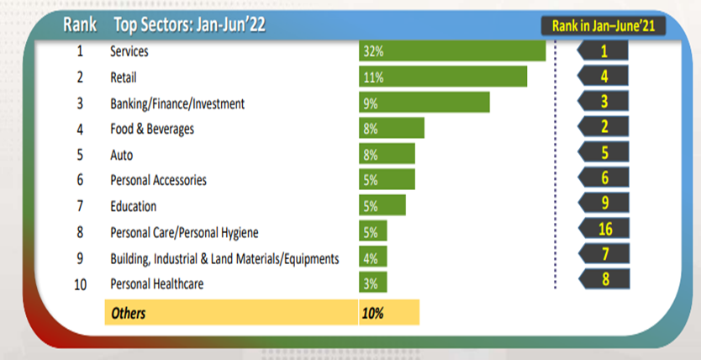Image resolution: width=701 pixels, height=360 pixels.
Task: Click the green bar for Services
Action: pos(452,51)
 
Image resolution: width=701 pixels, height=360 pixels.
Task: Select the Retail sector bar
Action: pos(443,77)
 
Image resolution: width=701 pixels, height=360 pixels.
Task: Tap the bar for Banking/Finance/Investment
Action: pos(424,103)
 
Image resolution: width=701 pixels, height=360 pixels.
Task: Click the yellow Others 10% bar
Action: pos(388,313)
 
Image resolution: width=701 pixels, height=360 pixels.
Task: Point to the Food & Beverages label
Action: pos(152,129)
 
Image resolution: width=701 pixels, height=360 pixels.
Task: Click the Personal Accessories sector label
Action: pos(158,180)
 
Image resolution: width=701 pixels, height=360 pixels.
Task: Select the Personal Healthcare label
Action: pos(156,284)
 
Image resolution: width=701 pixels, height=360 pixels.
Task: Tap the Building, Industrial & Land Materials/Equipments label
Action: pos(224,258)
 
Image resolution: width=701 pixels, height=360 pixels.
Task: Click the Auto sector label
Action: pos(122,155)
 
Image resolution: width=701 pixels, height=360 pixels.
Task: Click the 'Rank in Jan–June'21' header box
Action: pos(603,26)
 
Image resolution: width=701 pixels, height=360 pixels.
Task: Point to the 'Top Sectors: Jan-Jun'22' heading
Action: pos(189,25)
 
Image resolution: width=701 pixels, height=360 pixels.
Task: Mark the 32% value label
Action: pos(374,52)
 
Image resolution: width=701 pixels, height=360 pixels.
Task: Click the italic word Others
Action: pos(128,313)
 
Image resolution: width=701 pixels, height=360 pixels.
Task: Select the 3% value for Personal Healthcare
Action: pos(372,284)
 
